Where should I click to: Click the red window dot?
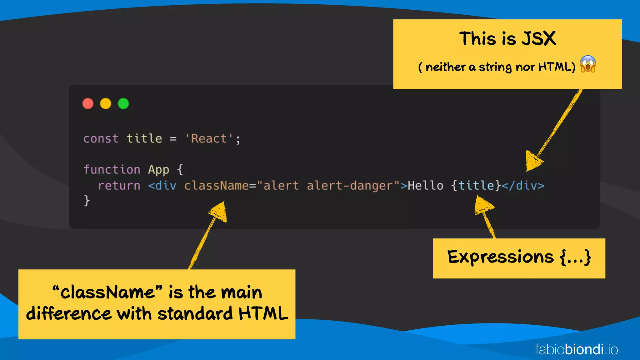pos(88,103)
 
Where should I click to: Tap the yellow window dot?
pos(106,103)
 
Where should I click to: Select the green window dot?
pos(123,103)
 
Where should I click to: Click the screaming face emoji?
pos(588,64)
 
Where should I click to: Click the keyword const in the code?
pos(101,138)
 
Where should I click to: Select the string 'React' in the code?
pos(209,138)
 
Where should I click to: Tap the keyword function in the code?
pos(112,169)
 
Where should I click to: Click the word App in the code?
pos(158,169)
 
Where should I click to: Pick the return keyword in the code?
pos(119,186)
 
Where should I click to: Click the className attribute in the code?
pos(216,186)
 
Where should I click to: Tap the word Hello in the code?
pos(425,186)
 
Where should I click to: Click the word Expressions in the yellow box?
pos(500,257)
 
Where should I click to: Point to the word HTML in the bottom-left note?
pos(263,313)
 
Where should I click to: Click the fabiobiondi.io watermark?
pos(577,349)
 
